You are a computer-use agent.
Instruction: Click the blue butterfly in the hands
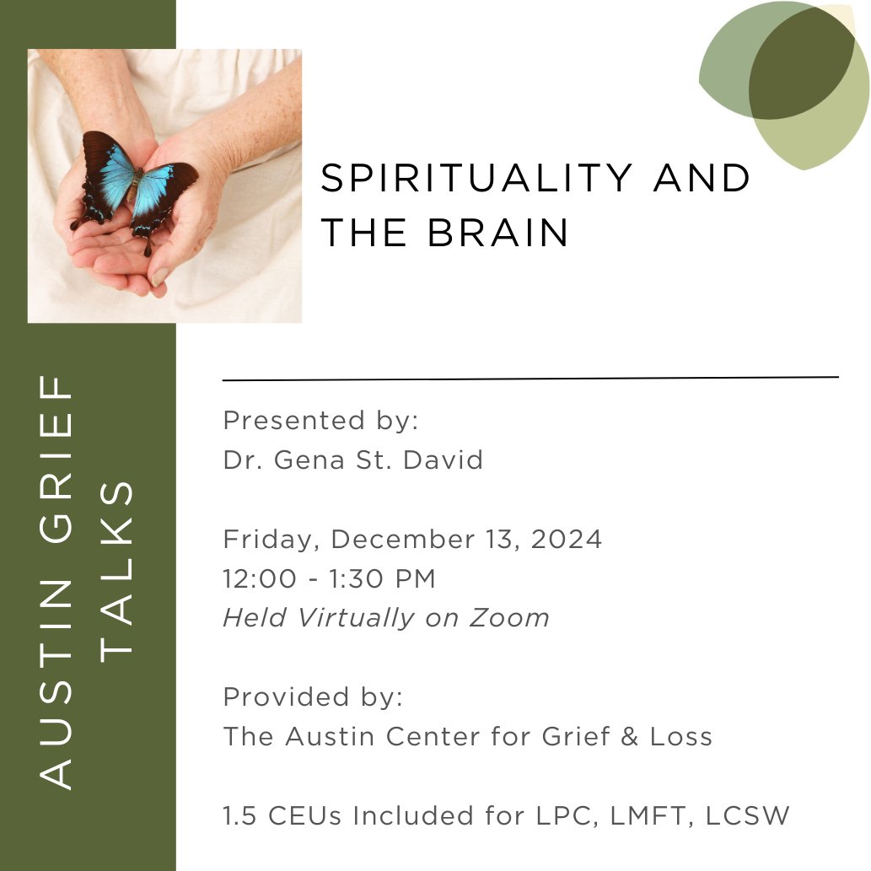[135, 187]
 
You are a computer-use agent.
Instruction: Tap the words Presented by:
[320, 420]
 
